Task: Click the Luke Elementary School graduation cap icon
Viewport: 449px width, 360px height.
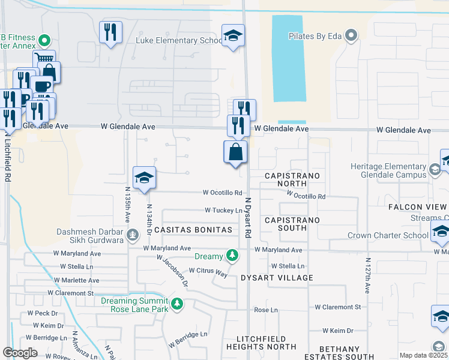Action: tap(233, 35)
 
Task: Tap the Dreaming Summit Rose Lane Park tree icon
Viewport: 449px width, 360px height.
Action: tap(176, 304)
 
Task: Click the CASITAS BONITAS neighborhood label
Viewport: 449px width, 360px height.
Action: tap(193, 230)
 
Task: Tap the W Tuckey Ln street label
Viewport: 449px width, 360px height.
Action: tap(223, 211)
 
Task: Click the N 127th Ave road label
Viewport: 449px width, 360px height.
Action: tap(367, 276)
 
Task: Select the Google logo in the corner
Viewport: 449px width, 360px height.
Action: tap(20, 352)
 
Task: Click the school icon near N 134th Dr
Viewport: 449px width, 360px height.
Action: tap(144, 178)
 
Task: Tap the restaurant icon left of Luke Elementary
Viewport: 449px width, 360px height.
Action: tap(110, 32)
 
